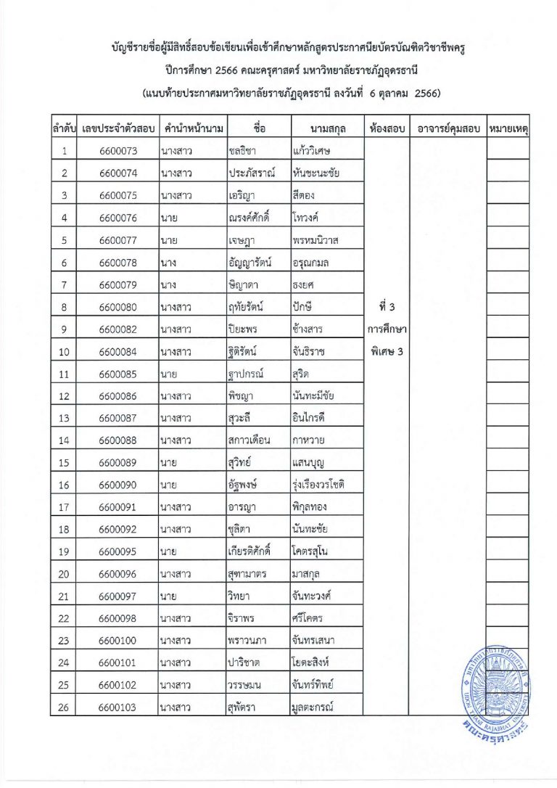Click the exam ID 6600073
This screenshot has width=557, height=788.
117,151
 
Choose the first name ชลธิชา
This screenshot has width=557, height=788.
247,151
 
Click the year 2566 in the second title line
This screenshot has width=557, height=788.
219,70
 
